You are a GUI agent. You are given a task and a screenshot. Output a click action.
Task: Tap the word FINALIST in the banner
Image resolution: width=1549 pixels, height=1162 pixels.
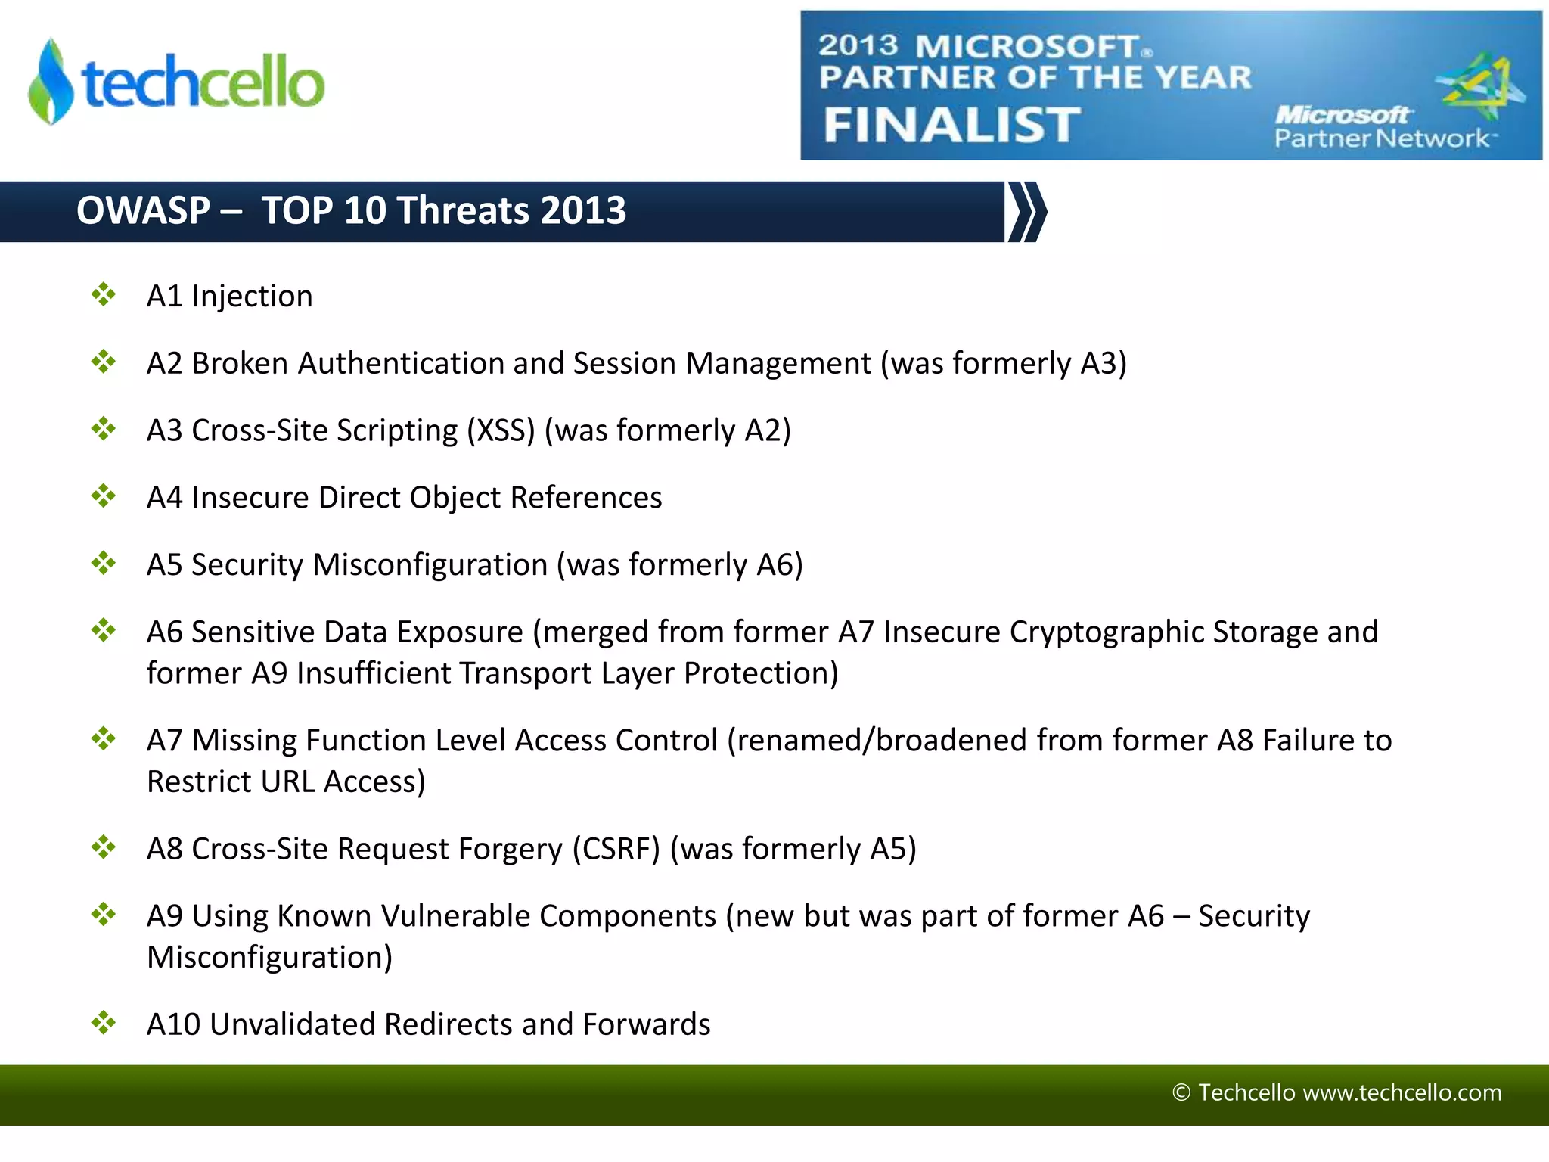[x=951, y=125]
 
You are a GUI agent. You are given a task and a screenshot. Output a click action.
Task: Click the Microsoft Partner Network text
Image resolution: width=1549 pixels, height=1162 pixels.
[x=1380, y=127]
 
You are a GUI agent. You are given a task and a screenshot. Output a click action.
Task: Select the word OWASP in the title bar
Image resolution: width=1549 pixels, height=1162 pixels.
[x=143, y=210]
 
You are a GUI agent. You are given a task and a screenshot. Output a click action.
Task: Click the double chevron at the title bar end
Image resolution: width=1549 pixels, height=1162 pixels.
[x=1028, y=212]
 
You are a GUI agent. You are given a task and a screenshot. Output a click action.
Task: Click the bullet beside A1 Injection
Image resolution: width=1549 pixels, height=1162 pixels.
[x=104, y=294]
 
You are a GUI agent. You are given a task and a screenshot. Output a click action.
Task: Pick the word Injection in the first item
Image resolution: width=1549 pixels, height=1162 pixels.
[x=252, y=297]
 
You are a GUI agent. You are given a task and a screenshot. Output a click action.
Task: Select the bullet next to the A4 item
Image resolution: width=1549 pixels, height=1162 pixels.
[x=104, y=496]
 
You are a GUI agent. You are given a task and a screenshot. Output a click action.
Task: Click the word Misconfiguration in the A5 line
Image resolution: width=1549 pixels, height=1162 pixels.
[x=430, y=565]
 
